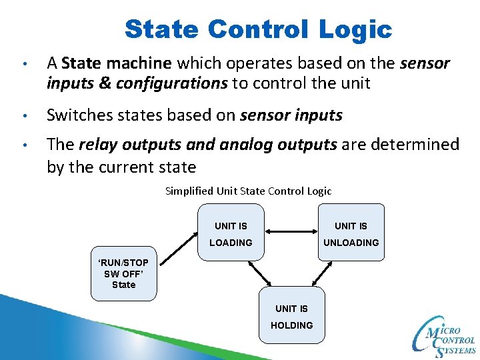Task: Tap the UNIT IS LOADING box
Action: [231, 233]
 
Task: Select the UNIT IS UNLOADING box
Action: [351, 233]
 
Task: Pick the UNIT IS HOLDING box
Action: [291, 315]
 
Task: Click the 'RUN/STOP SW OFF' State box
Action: [123, 273]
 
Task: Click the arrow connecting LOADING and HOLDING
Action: [260, 271]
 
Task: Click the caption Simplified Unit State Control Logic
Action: [248, 191]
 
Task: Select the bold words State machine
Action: [117, 64]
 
